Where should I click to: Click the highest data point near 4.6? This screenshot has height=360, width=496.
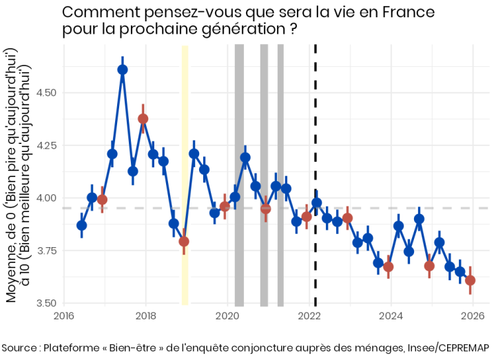point(123,69)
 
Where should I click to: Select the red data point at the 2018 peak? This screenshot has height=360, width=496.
point(143,118)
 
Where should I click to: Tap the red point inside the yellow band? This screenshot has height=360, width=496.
point(184,241)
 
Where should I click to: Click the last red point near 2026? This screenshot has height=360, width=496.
point(470,280)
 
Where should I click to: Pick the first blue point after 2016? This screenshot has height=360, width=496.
point(82,225)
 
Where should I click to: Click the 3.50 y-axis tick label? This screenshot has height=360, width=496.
point(45,303)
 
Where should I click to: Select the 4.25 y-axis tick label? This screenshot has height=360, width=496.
point(45,145)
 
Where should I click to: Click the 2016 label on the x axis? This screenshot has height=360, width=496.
point(64,316)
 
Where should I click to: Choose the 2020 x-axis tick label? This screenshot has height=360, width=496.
point(227,316)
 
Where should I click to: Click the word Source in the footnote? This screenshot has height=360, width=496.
point(20,347)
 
